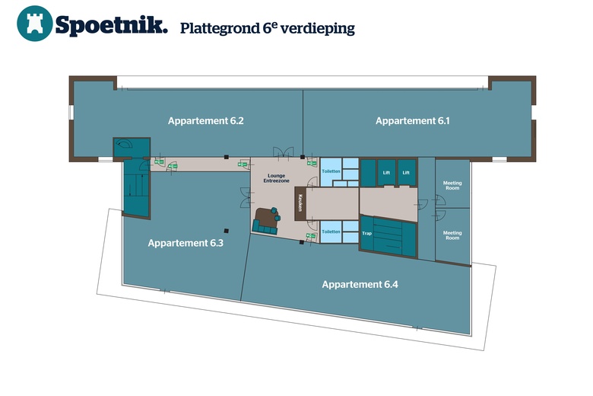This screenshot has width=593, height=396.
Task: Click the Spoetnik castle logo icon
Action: pos(35,24)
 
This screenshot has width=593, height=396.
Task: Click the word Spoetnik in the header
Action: pos(111,25)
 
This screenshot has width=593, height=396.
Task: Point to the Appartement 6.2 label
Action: pos(205,121)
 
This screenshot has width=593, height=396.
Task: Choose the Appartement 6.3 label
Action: pos(186,244)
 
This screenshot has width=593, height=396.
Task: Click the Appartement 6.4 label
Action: pos(360,284)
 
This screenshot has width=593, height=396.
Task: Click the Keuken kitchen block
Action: pos(301,203)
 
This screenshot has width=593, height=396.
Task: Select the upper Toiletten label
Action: pos(331,172)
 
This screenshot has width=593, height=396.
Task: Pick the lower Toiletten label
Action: pos(331,231)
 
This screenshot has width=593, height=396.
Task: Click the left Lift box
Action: pos(386,173)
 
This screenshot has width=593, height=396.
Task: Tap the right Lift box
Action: pos(407,173)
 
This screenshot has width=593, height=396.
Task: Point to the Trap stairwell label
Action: pos(366,234)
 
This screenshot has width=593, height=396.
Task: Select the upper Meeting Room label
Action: pos(452,186)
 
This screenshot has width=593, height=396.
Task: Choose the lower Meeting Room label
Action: pos(452,235)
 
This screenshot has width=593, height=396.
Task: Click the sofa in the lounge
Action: pos(266,221)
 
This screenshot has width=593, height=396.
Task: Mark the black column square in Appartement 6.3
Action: pos(226,231)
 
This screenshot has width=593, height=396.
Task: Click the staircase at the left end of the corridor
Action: pos(136,187)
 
